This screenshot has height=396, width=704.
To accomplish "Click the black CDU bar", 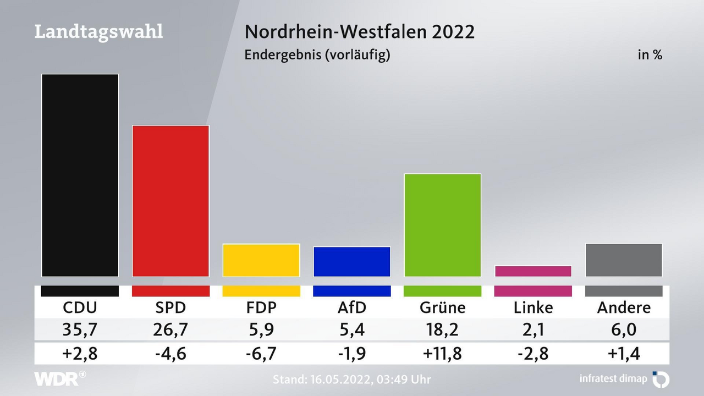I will (x=80, y=175).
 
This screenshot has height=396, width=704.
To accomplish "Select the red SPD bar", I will (x=170, y=201).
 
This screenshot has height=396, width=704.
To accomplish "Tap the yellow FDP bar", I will (x=261, y=260).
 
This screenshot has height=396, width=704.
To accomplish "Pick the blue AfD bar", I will (x=352, y=262).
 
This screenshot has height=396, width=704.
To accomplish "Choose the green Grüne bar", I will (x=442, y=225).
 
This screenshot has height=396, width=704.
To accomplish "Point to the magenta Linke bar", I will (x=533, y=271).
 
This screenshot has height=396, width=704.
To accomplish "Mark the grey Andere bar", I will (x=624, y=260).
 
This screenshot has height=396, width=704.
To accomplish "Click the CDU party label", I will (x=80, y=307).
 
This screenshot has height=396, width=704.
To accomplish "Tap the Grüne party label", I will (x=442, y=307).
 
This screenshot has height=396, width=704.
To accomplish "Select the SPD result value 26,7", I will (x=170, y=329).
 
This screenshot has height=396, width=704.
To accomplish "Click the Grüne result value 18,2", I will (x=442, y=329).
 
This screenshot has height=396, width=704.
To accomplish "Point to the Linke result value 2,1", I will (x=533, y=329).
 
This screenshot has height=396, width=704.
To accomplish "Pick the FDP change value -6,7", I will (x=261, y=353).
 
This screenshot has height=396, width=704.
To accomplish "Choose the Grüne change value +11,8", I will (x=442, y=353).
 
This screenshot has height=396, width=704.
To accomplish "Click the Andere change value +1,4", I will (x=624, y=353).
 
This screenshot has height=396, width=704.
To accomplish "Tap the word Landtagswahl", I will (x=98, y=31).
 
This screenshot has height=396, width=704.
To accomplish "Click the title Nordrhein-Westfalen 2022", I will (x=359, y=31).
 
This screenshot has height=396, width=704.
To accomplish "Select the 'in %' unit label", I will (x=650, y=55).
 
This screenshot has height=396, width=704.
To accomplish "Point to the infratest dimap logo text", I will (x=614, y=378).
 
